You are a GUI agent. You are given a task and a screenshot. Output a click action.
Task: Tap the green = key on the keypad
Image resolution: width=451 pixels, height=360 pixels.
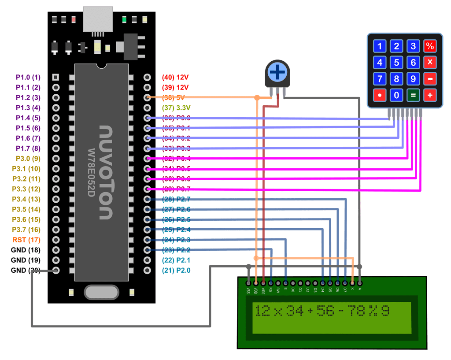pos(413,95)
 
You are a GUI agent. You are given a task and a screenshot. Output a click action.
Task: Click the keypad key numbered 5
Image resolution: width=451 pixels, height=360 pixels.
pos(397,63)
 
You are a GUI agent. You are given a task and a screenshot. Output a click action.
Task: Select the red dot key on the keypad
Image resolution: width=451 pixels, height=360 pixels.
pos(380,95)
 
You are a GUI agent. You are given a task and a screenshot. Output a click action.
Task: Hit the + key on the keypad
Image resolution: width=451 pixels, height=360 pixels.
pos(430,95)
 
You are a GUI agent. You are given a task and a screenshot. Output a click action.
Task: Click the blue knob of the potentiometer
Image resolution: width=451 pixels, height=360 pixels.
pos(277,72)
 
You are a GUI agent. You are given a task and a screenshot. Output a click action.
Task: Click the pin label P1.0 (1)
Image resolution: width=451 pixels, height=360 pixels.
pos(28,77)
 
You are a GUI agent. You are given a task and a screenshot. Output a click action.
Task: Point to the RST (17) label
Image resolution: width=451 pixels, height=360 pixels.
pos(27,240)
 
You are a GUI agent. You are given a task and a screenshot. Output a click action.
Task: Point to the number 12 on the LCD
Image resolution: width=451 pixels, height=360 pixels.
pos(262,311)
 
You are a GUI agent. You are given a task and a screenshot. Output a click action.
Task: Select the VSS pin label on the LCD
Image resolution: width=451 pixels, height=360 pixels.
pos(248,290)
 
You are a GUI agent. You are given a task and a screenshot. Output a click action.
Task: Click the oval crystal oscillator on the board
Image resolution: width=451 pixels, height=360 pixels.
pos(101,291)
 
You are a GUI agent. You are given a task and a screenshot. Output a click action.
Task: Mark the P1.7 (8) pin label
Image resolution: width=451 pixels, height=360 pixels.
pos(28,148)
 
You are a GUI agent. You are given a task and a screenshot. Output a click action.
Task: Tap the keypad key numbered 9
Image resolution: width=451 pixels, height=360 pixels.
pos(413,79)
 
